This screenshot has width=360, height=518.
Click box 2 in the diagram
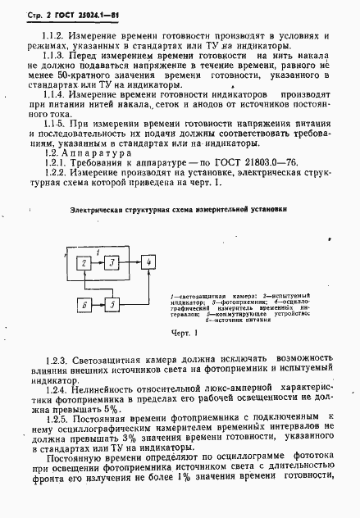pos(83,262)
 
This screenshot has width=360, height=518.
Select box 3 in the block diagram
pos(111,262)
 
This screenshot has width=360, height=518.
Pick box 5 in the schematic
pos(112,304)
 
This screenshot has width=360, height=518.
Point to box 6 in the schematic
pos(83,304)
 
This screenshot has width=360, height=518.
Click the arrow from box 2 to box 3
pos(97,262)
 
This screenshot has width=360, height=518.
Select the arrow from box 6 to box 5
pos(97,304)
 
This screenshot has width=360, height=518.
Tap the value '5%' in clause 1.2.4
pos(113,408)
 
